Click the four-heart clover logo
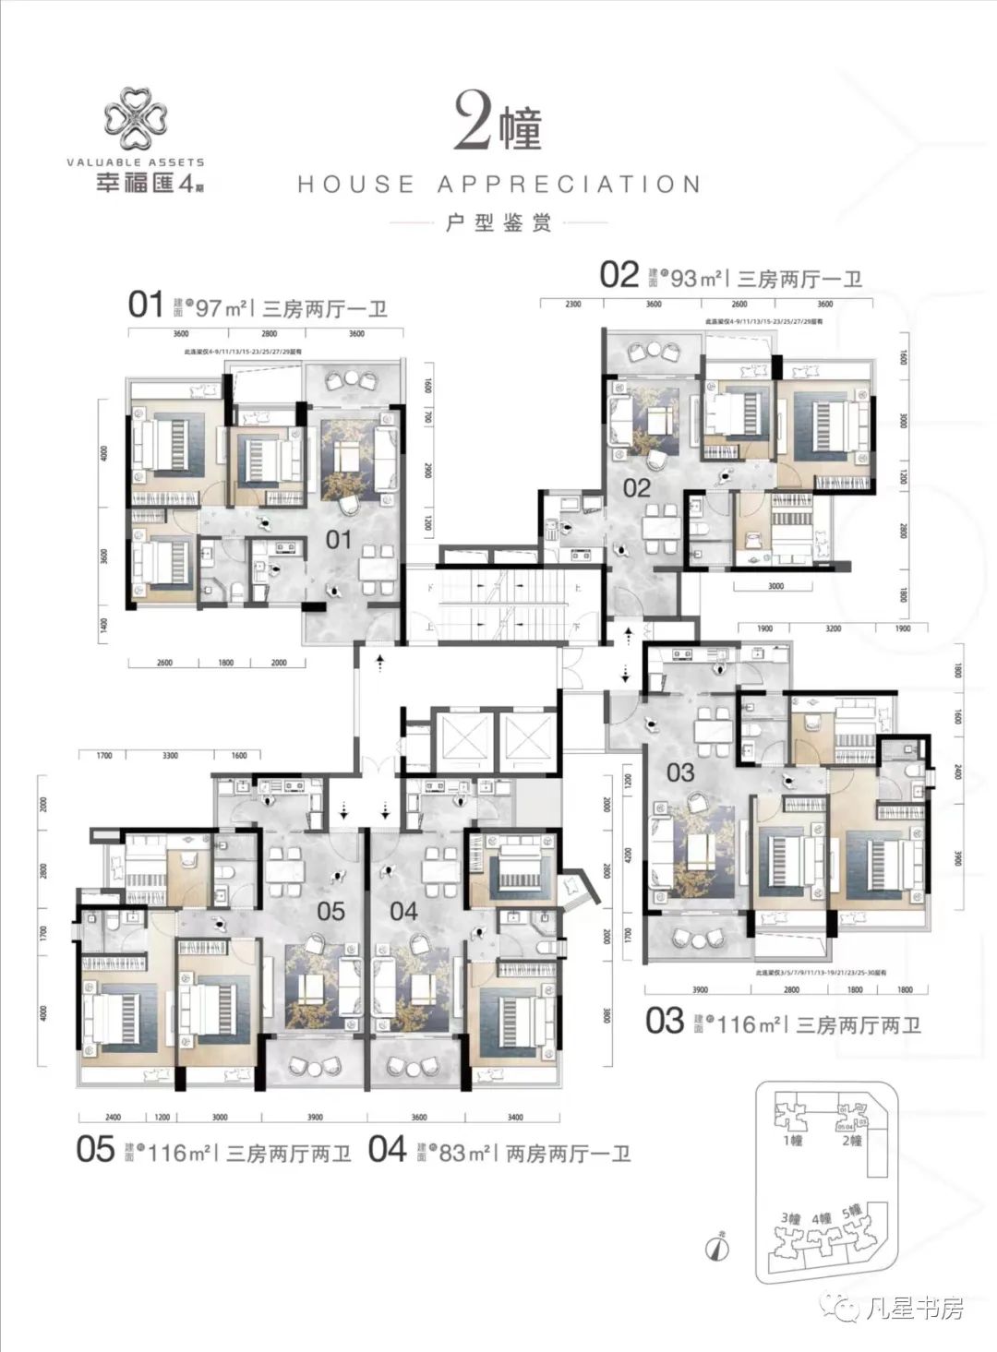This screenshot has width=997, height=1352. pyautogui.click(x=135, y=119)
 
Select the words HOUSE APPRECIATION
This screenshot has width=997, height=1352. pyautogui.click(x=498, y=185)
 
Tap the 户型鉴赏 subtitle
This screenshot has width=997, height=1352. pyautogui.click(x=498, y=223)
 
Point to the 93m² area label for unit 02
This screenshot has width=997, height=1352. pyautogui.click(x=695, y=277)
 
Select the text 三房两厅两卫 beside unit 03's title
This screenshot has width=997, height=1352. pyautogui.click(x=859, y=1024)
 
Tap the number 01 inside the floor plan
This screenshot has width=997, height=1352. pyautogui.click(x=339, y=538)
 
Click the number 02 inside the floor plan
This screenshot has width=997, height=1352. pyautogui.click(x=637, y=487)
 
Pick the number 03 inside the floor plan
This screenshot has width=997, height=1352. pyautogui.click(x=680, y=772)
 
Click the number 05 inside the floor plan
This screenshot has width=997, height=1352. pyautogui.click(x=330, y=911)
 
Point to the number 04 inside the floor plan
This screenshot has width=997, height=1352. pyautogui.click(x=403, y=911)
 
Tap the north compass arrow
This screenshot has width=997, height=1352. pyautogui.click(x=715, y=1248)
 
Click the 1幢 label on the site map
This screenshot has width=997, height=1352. pyautogui.click(x=793, y=1141)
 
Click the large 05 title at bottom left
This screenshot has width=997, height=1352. pyautogui.click(x=96, y=1151)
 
